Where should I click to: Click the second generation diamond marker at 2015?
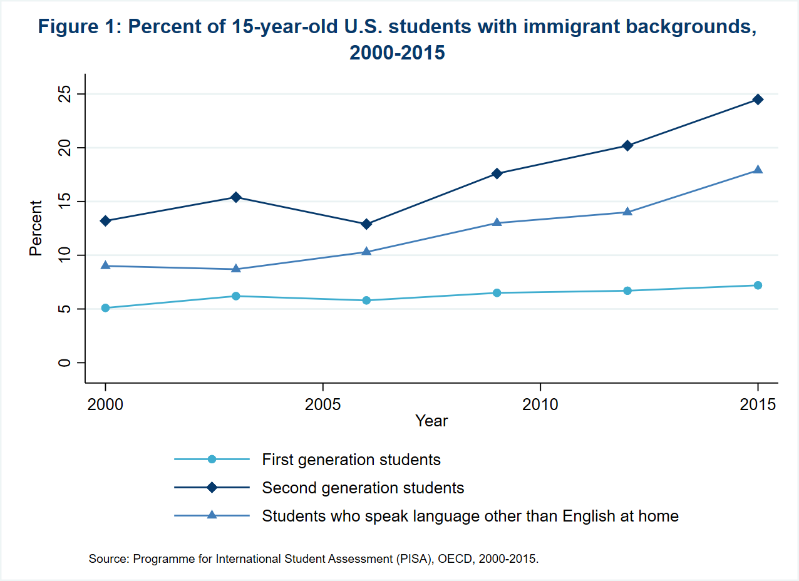coord(758,100)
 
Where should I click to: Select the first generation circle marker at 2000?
coord(105,308)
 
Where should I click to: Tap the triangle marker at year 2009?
coord(497,222)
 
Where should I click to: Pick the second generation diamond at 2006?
coord(366,224)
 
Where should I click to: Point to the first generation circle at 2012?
coord(627,290)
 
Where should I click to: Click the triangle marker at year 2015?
coord(758,170)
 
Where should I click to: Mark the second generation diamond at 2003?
coord(236,197)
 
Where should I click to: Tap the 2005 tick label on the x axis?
coord(322,404)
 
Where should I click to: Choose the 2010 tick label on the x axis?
coord(540,404)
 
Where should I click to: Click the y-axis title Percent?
coord(36,228)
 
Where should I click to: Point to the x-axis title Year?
coord(431,421)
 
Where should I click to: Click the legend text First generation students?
coord(351,460)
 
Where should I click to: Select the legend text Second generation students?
coord(363,488)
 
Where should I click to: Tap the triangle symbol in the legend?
coord(212,515)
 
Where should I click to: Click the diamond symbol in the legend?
coord(212,487)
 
